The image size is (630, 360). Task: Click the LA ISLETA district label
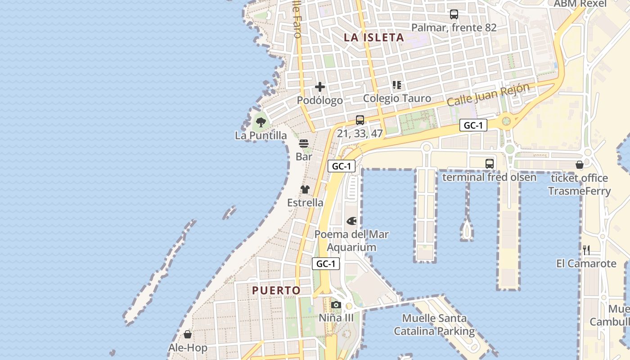point(374,37)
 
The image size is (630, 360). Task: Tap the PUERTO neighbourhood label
point(276,290)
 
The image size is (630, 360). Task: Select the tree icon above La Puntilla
point(261,121)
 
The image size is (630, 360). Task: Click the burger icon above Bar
point(304,144)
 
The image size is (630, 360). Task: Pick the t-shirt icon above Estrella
point(305,189)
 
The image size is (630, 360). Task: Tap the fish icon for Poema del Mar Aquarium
point(351,221)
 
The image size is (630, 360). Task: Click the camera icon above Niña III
point(336,305)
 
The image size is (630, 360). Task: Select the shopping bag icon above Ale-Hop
point(188,334)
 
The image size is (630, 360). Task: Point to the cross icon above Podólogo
point(320,86)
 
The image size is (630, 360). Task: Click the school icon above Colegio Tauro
point(396,85)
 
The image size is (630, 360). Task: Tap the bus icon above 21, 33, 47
point(360,120)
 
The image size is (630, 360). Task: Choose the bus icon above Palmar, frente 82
point(454,14)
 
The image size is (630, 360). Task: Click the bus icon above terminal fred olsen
point(489,164)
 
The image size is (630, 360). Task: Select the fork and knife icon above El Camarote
point(586,250)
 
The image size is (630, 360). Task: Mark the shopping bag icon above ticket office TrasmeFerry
point(579,165)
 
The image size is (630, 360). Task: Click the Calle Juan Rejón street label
point(488,95)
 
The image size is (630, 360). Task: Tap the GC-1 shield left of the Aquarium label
point(326,264)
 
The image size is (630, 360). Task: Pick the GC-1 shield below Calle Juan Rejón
point(473,125)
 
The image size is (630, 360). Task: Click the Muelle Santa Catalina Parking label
point(434,325)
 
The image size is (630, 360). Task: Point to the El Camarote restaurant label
point(586,263)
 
